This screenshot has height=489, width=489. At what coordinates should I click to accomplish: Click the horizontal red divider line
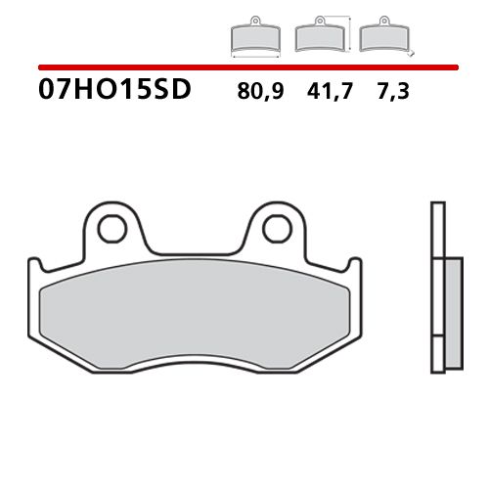pyautogui.click(x=244, y=67)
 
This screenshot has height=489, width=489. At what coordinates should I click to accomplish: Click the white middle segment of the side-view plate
pyautogui.click(x=438, y=313)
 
